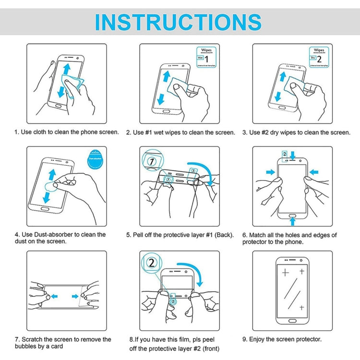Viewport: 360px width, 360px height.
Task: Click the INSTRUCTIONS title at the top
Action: (178, 22)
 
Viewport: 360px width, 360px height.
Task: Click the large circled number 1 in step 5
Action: (152, 161)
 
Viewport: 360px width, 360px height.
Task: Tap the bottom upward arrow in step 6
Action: (293, 221)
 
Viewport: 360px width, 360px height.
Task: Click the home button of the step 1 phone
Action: (58, 107)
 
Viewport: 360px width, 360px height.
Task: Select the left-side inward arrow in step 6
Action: (270, 171)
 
